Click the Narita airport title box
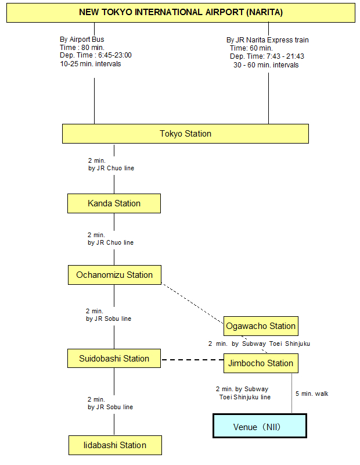181,12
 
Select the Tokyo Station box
185,134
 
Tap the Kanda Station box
114,203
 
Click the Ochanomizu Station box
114,275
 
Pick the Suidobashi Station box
114,359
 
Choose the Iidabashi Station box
116,445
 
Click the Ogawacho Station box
261,326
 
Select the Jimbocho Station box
261,363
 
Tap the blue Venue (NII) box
260,426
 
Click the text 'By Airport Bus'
82,40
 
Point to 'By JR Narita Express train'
268,40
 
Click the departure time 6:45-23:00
115,55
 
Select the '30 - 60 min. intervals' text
266,65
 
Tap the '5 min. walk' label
312,394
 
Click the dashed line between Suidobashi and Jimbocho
192,360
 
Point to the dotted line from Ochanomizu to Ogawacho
193,303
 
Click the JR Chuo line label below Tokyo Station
111,168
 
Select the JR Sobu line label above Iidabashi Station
110,407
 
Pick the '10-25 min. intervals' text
91,64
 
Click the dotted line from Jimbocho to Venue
292,394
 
